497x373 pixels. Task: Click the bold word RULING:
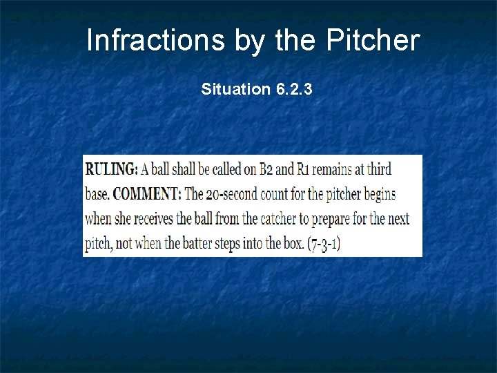coord(112,169)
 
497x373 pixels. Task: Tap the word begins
coord(379,194)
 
